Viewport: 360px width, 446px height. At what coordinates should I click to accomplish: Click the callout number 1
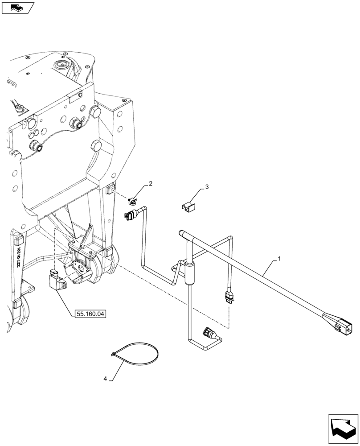(x=279, y=258)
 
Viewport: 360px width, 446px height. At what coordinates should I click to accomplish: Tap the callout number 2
(x=151, y=183)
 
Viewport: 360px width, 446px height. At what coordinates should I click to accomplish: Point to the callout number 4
(x=106, y=379)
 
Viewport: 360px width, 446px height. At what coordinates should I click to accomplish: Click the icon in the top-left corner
(x=17, y=8)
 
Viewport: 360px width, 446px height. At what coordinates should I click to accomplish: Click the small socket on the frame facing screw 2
(x=111, y=190)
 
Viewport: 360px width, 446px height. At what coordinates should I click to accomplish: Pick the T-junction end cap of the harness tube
(x=181, y=232)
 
